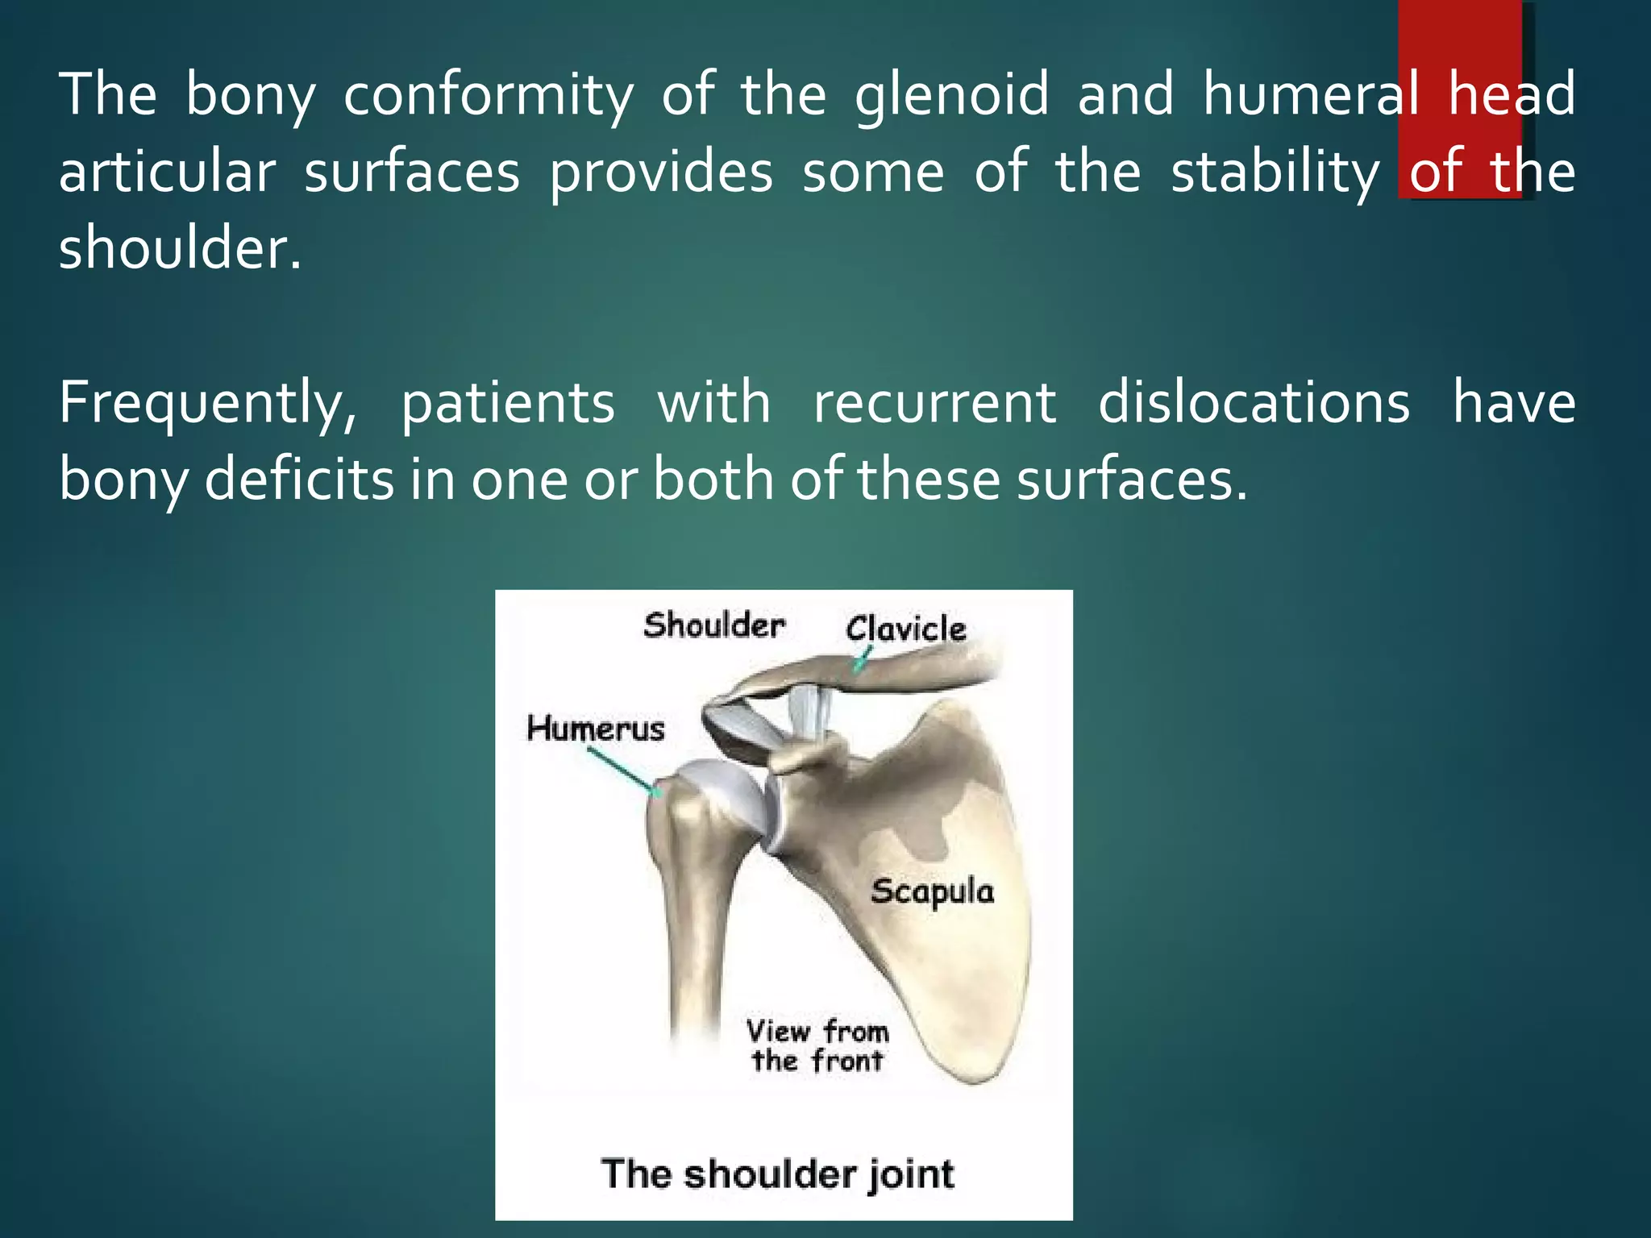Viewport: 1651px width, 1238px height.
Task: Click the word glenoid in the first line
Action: tap(952, 95)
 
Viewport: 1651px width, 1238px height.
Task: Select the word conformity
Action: tap(489, 95)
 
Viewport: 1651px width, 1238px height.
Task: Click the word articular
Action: tap(167, 172)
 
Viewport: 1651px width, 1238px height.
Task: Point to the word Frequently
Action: tap(207, 403)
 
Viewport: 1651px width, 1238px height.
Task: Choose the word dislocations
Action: tap(1254, 403)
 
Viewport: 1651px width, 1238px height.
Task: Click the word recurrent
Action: tap(934, 403)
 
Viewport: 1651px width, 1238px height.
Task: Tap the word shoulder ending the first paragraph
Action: tap(179, 247)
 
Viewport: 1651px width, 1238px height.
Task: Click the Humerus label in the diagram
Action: tap(596, 729)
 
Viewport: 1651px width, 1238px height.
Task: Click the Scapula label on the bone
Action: tap(932, 892)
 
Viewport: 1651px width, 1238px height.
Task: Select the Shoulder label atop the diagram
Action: tap(714, 626)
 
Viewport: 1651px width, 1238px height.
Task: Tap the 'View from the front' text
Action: tap(817, 1046)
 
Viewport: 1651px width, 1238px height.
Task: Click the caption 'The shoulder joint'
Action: tap(777, 1174)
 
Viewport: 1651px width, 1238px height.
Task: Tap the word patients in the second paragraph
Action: tap(508, 403)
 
